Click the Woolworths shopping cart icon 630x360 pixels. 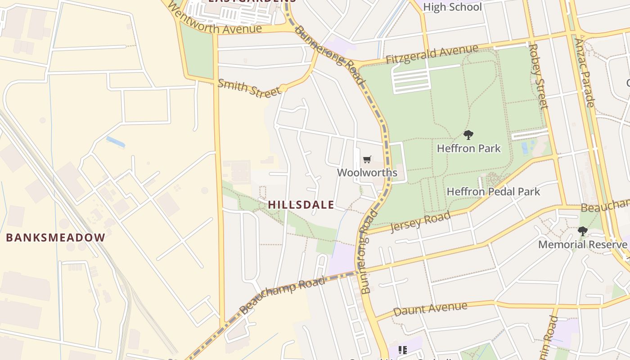[367, 160]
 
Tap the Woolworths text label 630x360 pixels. [367, 173]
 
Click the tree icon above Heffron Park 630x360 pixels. [468, 135]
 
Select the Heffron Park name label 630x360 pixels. [468, 148]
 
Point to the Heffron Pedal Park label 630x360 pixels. [493, 192]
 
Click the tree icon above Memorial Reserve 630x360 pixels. [583, 231]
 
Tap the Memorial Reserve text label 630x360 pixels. [583, 244]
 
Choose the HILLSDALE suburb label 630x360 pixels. [301, 205]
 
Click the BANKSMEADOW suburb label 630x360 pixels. [55, 238]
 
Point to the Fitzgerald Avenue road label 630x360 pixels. [432, 54]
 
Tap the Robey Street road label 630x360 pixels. [539, 76]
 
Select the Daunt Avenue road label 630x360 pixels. [430, 309]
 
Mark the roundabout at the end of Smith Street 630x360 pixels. [283, 88]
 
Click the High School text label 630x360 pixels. [452, 7]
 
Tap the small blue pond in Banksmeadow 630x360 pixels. [116, 142]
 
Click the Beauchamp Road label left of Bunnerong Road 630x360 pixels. [282, 296]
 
